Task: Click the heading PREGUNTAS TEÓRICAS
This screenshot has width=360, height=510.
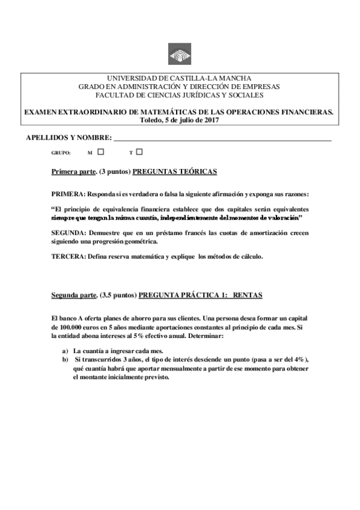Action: (x=175, y=171)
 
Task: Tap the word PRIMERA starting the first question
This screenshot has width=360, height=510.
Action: (x=68, y=194)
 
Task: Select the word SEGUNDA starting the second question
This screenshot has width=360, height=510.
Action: (x=69, y=232)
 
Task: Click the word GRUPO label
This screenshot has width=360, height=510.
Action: (x=61, y=153)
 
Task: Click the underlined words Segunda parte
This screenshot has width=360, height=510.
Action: (x=74, y=295)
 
